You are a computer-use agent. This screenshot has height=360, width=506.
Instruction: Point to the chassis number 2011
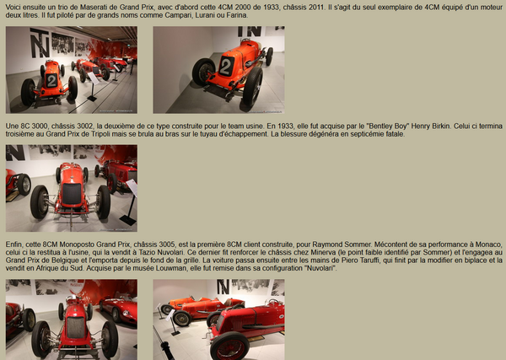[x=316, y=7]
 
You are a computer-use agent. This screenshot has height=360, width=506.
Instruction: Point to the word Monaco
[x=491, y=244]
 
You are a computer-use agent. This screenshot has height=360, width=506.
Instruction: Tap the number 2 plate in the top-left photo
[x=51, y=81]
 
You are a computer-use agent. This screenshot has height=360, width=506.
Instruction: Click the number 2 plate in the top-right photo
[x=226, y=67]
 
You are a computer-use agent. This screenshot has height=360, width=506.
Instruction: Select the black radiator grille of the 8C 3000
[x=72, y=194]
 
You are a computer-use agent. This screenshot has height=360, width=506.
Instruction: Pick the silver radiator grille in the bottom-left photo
[x=76, y=327]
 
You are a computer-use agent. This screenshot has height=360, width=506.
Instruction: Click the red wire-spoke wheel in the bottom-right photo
[x=229, y=347]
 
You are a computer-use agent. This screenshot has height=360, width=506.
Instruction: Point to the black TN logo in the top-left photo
[x=40, y=43]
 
